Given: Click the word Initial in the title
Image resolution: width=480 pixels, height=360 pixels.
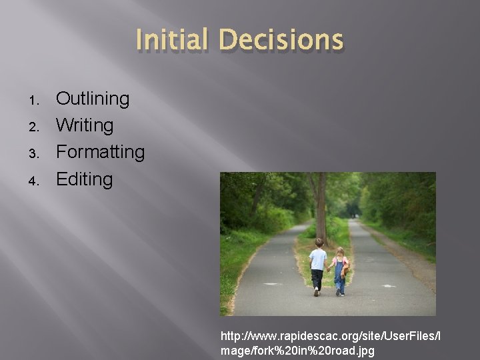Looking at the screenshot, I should (171, 40).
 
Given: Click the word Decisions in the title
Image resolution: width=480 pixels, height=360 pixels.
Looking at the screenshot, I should (280, 40).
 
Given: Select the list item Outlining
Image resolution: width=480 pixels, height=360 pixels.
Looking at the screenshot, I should (93, 99).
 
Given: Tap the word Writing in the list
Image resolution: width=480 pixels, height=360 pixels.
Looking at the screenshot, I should (85, 125).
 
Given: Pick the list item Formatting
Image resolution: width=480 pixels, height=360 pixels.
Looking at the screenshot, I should (100, 152).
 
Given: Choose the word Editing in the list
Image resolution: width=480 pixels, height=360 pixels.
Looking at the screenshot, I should (84, 179).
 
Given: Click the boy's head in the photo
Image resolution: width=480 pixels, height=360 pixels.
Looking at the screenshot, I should (319, 243).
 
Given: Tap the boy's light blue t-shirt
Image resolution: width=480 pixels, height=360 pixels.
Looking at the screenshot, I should (319, 259).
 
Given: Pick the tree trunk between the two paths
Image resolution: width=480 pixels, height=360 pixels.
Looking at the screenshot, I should (321, 200).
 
